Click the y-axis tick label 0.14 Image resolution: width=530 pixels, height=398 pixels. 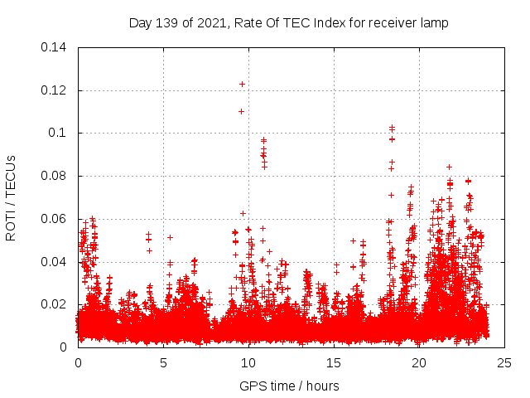(x=54, y=46)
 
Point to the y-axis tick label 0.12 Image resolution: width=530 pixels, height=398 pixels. (x=54, y=90)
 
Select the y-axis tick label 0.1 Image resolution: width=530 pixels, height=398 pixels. (x=57, y=133)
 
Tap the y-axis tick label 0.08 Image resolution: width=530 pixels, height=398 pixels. (x=54, y=176)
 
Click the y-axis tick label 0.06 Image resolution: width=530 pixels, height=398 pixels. (x=54, y=219)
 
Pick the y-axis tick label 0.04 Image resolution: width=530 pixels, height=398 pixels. (x=54, y=262)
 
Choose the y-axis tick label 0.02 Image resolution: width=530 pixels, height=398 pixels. (x=54, y=304)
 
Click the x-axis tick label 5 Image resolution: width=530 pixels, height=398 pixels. (x=163, y=363)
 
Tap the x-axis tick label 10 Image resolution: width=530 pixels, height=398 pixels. (x=249, y=363)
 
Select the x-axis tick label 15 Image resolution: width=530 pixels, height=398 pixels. (x=335, y=363)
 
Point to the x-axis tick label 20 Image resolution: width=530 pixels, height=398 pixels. (x=420, y=363)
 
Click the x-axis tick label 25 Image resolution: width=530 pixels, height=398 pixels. (x=505, y=363)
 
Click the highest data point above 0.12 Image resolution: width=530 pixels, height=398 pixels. (x=242, y=84)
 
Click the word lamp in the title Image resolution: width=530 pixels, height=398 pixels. (x=432, y=23)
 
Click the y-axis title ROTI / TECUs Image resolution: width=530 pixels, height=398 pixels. (x=11, y=197)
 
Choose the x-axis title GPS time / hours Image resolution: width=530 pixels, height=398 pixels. (x=289, y=386)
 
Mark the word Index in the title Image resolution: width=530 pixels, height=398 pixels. (x=325, y=23)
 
